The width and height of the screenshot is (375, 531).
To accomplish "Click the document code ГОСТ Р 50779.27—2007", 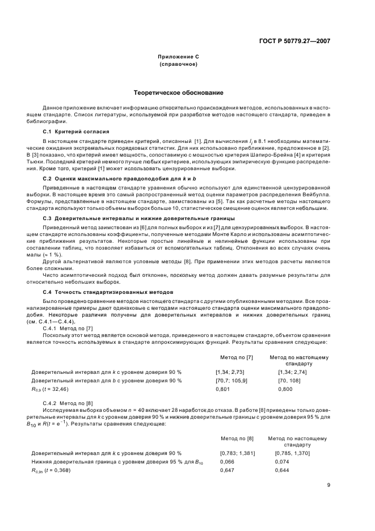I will click(295, 40).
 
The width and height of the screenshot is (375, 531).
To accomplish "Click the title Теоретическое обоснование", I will click(178, 92).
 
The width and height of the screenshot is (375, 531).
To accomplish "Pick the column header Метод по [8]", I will click(234, 439).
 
